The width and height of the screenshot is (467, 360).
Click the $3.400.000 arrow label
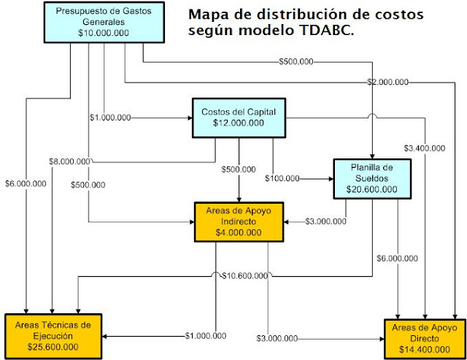tap(424, 148)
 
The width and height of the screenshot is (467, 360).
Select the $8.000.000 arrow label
tap(70, 161)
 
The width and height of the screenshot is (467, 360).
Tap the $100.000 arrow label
tap(282, 177)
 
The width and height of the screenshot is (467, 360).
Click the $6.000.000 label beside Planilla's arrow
tap(397, 258)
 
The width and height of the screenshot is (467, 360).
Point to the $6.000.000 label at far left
tap(25, 183)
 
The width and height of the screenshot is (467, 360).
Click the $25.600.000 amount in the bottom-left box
tap(51, 347)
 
